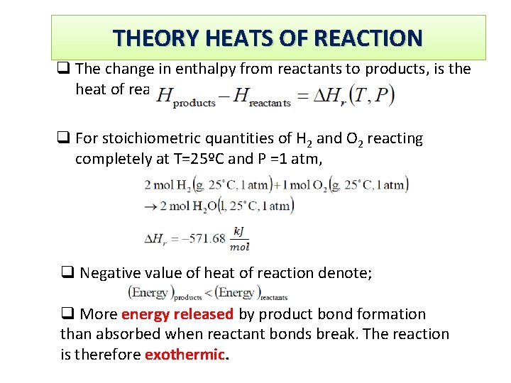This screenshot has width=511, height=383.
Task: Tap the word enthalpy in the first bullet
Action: (x=194, y=69)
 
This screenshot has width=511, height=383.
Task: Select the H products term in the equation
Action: (x=185, y=96)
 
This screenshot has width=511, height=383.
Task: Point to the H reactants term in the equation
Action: (x=263, y=96)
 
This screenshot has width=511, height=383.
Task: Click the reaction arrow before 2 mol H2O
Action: (x=149, y=206)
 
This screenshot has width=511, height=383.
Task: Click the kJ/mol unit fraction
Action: (x=239, y=238)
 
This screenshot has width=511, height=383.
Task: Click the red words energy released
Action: (x=177, y=314)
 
